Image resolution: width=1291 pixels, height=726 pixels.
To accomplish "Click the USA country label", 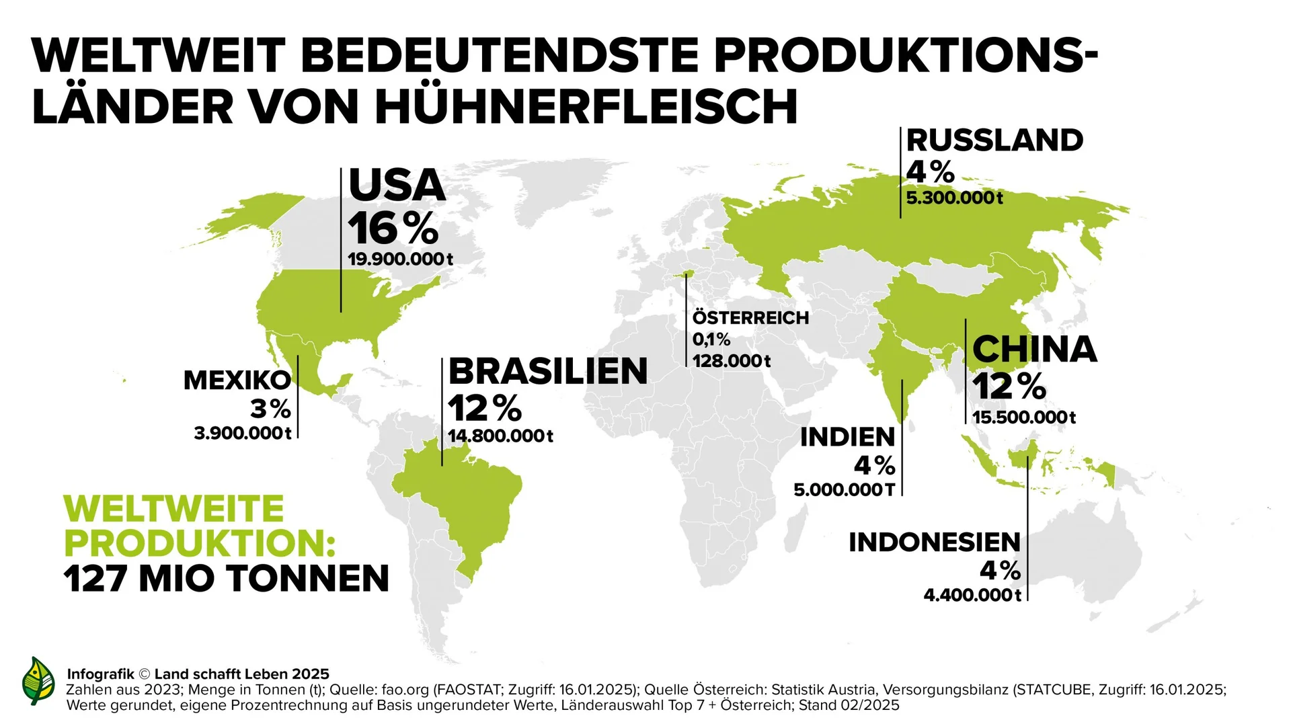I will pos(397,186).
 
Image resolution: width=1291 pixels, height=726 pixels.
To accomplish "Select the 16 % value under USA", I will pos(393,229).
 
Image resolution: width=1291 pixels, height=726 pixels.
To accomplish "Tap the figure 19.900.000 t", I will pos(400,259).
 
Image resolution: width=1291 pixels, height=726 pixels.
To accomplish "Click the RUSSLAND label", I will pos(994,140).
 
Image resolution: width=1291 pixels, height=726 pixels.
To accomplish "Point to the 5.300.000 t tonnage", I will pos(954,198).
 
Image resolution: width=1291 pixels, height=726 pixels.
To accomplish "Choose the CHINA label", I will pos(1034,350).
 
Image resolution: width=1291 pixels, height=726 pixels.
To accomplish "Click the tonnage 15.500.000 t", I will pos(1023,417).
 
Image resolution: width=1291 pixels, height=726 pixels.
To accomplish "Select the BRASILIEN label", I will pos(547,372).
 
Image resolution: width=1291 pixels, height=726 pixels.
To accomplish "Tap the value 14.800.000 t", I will pos(500,436).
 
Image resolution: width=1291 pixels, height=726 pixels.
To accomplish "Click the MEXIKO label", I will pos(237,380).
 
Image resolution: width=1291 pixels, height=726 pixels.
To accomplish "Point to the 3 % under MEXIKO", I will pos(270,409).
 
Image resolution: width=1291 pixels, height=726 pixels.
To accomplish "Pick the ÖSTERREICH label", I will pos(750,318).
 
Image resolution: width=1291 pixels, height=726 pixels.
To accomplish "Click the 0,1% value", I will pos(711,339).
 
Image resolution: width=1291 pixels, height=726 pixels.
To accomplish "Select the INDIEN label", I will pos(847,438).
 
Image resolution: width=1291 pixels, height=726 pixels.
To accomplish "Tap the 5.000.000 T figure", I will pos(844,490).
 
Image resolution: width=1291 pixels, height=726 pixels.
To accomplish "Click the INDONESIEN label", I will pos(934,542).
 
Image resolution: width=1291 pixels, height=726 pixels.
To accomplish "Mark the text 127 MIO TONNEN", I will pos(227,579).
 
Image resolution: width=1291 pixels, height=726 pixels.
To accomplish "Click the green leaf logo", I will pos(38,681).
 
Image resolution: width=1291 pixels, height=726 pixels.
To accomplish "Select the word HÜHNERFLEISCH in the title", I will pos(586,107).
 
